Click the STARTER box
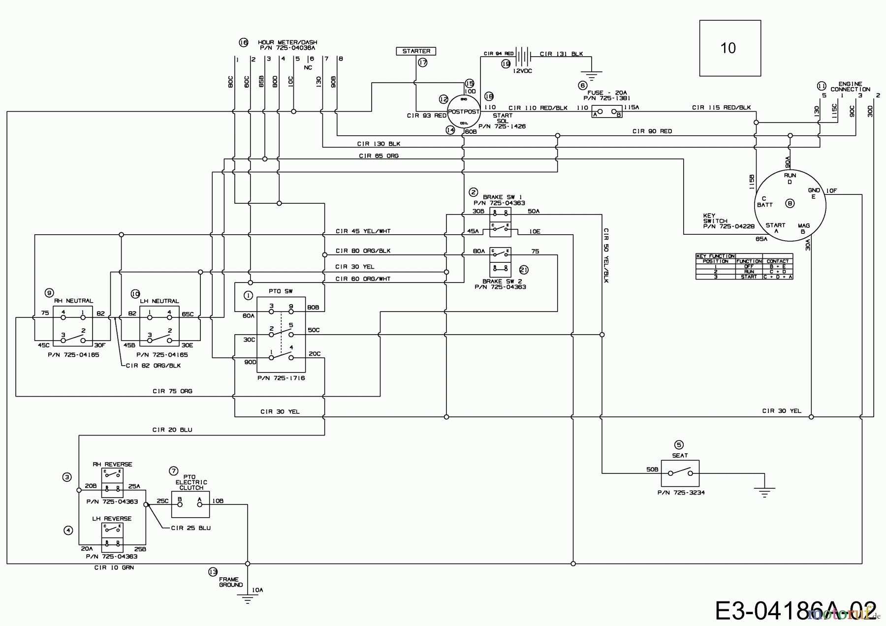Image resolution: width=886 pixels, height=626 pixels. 416,51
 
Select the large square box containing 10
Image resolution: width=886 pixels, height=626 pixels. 730,48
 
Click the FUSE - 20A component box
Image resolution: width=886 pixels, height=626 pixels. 607,112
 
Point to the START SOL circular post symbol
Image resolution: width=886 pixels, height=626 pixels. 463,112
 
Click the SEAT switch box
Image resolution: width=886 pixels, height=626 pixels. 679,473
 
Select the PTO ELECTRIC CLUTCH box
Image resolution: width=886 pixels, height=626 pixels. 190,504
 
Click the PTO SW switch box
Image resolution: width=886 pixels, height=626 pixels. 281,334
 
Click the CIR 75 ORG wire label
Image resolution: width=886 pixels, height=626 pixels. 172,391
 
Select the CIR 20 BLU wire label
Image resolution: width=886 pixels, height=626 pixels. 172,430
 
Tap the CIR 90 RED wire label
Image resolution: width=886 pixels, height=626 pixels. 652,131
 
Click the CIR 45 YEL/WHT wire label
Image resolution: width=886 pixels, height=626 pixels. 363,231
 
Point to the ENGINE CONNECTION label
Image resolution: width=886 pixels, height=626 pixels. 850,87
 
